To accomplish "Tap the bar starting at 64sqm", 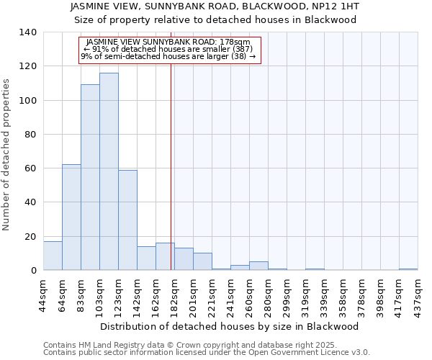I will point(71,217).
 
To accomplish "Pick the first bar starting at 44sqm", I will point(53,256).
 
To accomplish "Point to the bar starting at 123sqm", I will point(127,220).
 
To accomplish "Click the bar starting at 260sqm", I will point(258,266).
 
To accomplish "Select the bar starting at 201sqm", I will point(202,261).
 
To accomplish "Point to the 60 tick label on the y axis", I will point(30,168).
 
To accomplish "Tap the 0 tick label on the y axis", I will point(33,271).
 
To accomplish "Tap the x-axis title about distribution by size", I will point(229,326).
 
